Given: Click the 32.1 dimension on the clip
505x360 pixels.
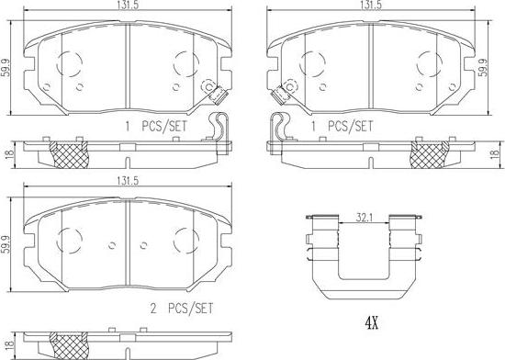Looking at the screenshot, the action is click(364, 218).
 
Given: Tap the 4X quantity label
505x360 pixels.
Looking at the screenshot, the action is click(372, 322).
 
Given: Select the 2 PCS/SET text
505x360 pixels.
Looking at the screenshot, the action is click(182, 309).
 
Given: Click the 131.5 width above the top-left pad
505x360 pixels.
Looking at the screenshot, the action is click(128, 5).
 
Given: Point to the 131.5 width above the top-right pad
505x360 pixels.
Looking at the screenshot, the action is click(371, 5).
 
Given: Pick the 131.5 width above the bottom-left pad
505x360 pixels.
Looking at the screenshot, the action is click(128, 181).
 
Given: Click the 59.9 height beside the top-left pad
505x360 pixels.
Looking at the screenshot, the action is click(6, 68).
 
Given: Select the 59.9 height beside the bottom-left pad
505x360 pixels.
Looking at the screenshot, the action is click(6, 244).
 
